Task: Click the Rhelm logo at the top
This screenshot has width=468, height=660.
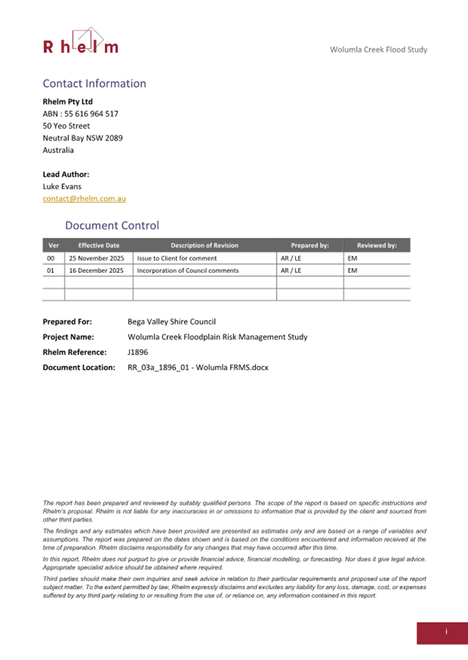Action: [x=80, y=42]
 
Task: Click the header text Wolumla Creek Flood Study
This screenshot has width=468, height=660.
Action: [x=379, y=50]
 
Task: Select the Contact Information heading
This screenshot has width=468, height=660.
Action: [x=94, y=84]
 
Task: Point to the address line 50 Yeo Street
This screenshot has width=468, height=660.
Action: [x=67, y=125]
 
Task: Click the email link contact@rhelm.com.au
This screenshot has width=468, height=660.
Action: [x=84, y=199]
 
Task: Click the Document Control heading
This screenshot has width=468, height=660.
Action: [x=112, y=226]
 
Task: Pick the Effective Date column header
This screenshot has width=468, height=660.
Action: [x=98, y=245]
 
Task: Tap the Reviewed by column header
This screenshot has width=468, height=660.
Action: [x=376, y=245]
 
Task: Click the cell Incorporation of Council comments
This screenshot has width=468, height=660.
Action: [x=187, y=270]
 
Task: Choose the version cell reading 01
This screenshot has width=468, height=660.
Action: [x=50, y=270]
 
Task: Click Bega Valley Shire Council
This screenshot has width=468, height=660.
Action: [x=172, y=321]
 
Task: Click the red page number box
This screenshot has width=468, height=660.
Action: [x=442, y=631]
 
